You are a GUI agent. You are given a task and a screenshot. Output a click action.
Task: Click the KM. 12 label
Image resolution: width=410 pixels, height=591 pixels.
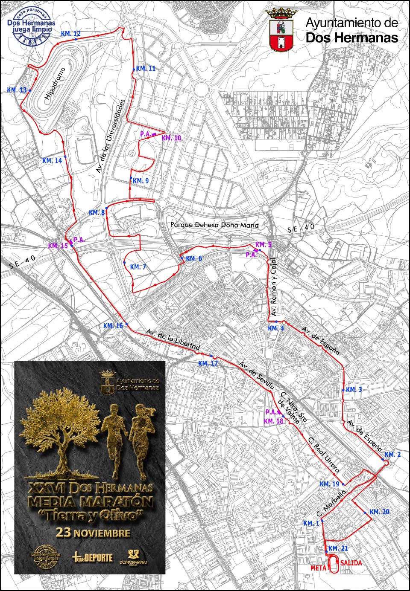(x=70, y=33)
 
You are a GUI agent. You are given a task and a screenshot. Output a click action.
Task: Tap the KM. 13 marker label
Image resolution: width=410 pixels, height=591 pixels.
(x=17, y=90)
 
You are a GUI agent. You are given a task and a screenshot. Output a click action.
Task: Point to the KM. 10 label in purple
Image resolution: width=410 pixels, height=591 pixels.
(x=171, y=138)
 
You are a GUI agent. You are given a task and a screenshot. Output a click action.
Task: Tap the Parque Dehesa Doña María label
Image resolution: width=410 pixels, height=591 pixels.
(x=214, y=225)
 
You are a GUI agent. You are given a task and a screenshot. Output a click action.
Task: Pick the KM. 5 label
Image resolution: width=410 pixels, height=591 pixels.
(x=263, y=245)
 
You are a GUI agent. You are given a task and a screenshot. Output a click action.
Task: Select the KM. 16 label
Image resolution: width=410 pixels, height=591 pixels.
(x=113, y=326)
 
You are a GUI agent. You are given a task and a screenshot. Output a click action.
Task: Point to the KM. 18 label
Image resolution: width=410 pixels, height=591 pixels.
(x=274, y=421)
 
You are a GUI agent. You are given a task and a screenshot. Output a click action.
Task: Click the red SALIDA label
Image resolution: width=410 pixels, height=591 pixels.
(x=351, y=563)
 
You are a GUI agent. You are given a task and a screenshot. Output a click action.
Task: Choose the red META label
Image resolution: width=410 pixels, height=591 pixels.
(x=318, y=568)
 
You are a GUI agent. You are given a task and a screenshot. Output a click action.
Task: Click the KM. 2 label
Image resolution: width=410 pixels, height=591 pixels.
(x=392, y=455)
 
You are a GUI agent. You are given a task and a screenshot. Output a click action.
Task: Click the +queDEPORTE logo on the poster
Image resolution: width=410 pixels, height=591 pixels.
(x=93, y=557)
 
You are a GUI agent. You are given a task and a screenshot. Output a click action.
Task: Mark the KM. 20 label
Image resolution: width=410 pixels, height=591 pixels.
(x=379, y=512)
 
